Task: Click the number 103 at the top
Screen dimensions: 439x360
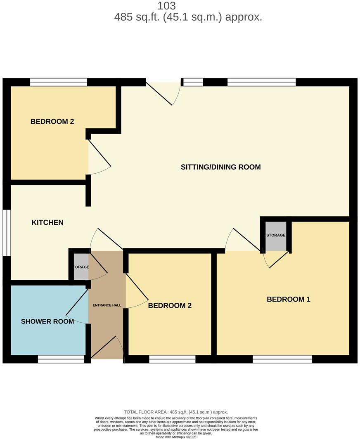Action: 167,6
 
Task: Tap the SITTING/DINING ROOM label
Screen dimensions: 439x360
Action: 220,167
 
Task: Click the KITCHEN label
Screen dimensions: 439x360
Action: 47,222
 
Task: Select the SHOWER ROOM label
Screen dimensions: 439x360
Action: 47,321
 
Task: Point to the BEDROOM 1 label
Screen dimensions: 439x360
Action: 288,299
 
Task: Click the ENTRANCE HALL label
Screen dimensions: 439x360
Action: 107,305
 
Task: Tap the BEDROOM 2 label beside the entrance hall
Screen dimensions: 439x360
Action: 170,306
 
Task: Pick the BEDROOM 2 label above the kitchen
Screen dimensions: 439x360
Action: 52,121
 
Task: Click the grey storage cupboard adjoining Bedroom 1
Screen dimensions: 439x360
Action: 275,236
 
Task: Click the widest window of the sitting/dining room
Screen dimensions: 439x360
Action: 261,82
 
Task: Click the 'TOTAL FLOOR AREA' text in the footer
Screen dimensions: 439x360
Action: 176,412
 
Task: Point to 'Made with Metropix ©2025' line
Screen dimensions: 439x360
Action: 176,437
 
